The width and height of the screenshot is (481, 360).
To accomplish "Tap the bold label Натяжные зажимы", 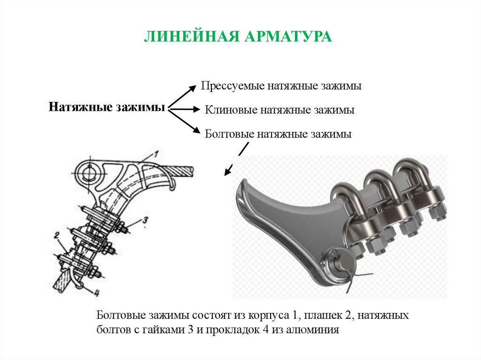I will (x=107, y=107).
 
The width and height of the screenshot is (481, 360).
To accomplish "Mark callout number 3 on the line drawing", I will (x=145, y=219).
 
